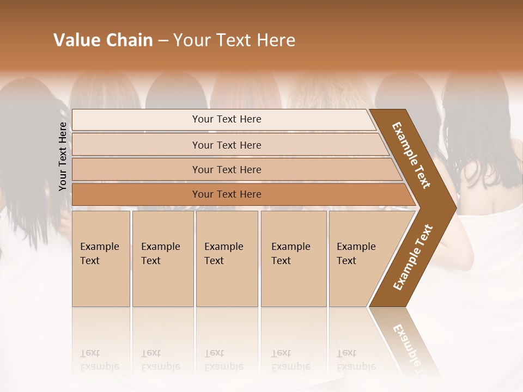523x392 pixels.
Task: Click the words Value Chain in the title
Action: click(x=103, y=40)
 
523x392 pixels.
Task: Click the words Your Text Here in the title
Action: click(x=234, y=40)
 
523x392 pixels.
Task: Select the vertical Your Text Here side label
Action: click(x=63, y=156)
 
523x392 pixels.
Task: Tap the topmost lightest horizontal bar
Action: click(x=226, y=119)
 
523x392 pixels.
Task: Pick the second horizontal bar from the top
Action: click(x=226, y=145)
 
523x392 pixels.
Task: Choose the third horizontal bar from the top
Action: click(x=226, y=169)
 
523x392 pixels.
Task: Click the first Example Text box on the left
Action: click(x=101, y=259)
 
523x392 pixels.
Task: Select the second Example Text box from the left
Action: click(x=162, y=259)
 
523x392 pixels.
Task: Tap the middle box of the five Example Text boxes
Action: click(x=227, y=259)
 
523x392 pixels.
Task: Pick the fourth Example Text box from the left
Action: click(x=293, y=259)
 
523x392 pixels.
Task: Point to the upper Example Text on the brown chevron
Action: click(x=411, y=155)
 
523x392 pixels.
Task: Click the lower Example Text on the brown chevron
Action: click(x=413, y=257)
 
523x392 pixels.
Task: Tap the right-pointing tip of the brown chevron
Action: click(x=452, y=207)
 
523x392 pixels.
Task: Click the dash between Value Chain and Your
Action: click(x=163, y=41)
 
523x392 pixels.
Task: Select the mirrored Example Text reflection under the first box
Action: click(x=99, y=360)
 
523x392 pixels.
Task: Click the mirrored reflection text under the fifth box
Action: click(x=356, y=360)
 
